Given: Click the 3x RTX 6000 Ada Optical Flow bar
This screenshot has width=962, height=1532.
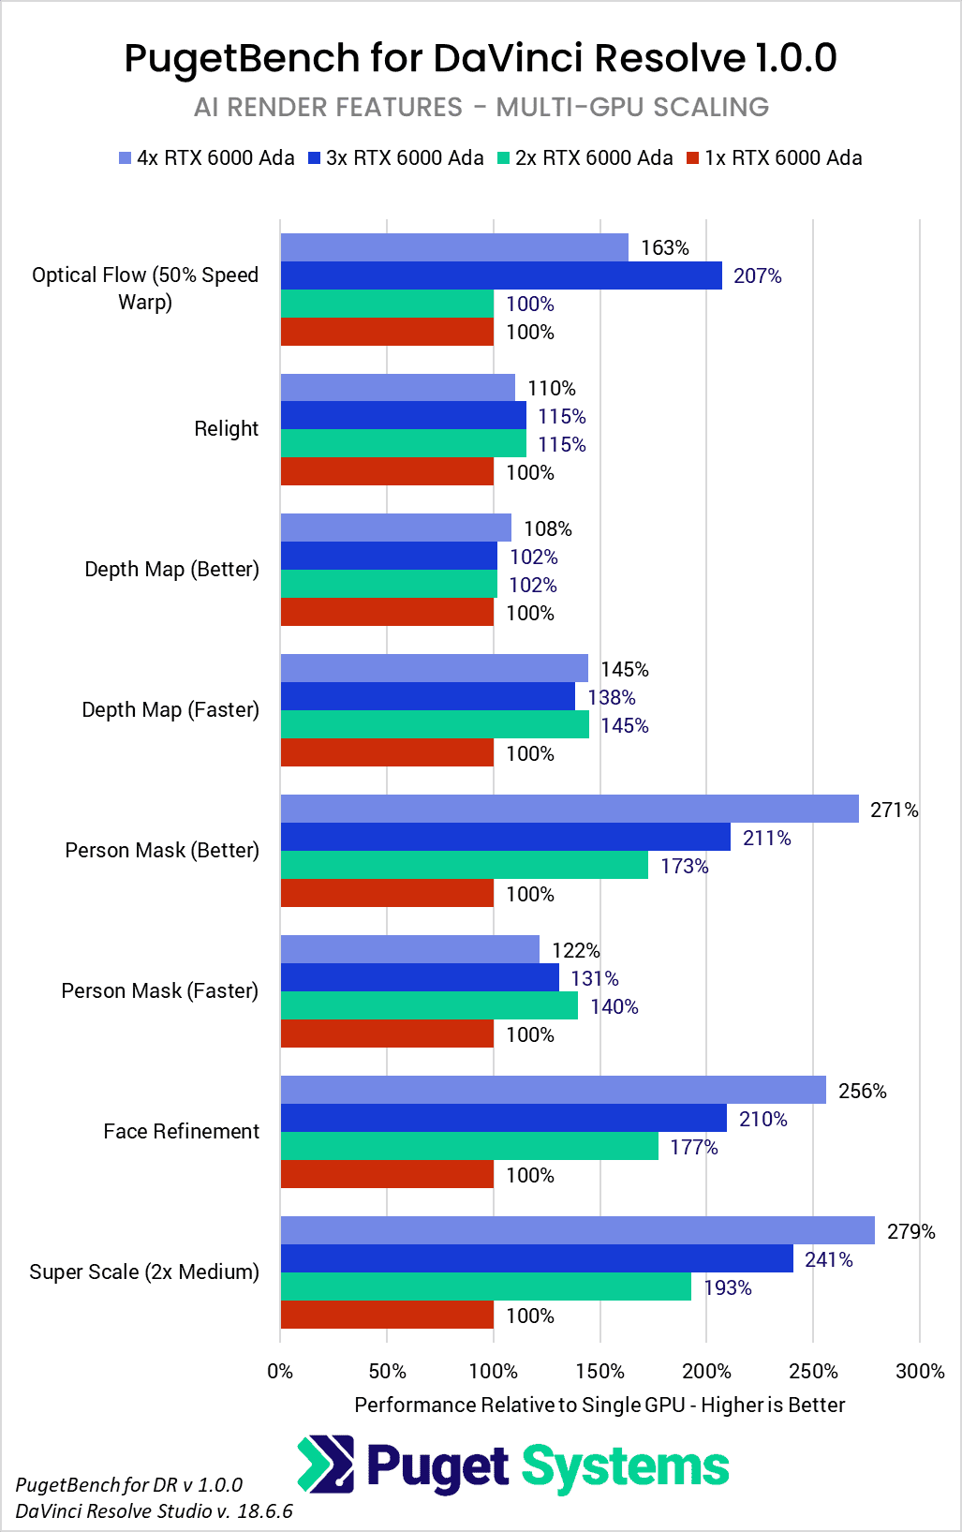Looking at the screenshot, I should click(501, 275).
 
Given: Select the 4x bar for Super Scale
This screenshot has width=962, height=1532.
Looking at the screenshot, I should click(577, 1230).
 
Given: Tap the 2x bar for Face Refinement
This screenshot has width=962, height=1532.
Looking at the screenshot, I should click(469, 1146).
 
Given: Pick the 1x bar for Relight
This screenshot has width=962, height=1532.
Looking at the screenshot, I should click(387, 471).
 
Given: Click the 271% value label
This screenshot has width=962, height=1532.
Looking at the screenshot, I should click(894, 810).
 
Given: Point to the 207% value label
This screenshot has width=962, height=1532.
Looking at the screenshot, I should click(757, 275).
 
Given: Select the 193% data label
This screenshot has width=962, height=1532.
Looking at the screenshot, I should click(728, 1287).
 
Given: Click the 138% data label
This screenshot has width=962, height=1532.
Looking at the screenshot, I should click(612, 697).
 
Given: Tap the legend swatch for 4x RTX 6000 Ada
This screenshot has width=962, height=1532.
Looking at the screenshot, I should click(126, 158).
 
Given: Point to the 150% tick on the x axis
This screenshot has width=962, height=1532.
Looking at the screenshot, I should click(600, 1371).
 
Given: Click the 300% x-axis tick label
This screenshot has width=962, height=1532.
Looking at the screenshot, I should click(920, 1371).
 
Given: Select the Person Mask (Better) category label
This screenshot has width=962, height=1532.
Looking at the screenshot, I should click(162, 850).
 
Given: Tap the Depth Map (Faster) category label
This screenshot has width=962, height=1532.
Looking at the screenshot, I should click(170, 709).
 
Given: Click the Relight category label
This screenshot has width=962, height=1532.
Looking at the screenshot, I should click(226, 428).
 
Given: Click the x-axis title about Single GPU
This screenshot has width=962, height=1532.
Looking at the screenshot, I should click(599, 1405).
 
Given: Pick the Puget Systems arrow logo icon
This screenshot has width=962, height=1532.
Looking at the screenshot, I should click(326, 1464).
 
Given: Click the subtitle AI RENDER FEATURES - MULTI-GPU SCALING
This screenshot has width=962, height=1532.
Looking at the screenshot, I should click(481, 107).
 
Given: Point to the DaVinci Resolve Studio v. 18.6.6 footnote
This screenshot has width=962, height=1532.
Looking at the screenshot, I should click(155, 1510).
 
